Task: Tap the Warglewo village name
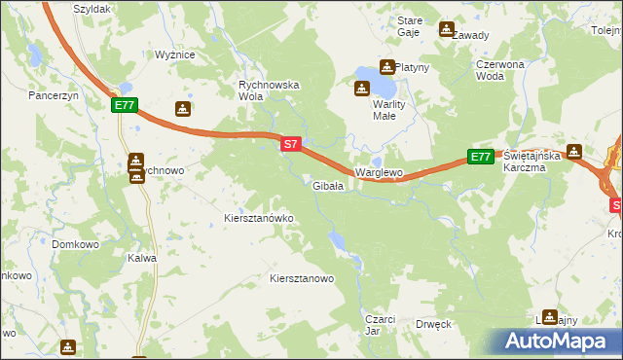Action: click(379, 172)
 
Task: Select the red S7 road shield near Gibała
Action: click(290, 144)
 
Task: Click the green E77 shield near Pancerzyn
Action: click(125, 105)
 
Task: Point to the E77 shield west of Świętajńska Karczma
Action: click(480, 157)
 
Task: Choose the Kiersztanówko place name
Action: click(259, 219)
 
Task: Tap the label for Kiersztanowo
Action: click(302, 278)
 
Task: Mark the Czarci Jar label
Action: click(379, 324)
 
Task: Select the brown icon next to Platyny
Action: click(386, 67)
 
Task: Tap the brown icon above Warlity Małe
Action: click(361, 90)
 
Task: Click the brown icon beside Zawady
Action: click(447, 29)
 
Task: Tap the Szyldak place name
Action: click(91, 8)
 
